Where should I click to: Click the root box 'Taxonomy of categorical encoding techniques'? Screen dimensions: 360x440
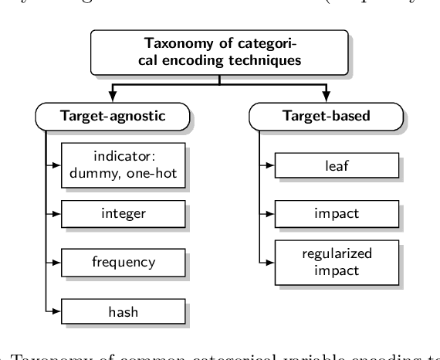tap(218, 53)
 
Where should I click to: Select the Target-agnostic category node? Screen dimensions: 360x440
tap(113, 117)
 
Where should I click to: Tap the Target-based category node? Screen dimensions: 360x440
tap(326, 117)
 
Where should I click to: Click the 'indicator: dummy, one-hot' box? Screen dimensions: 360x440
tap(124, 164)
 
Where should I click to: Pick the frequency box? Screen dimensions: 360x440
tap(124, 263)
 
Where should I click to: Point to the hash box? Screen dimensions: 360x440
tap(124, 312)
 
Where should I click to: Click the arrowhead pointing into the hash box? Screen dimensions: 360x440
tap(59, 312)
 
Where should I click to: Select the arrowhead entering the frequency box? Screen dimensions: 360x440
tap(59, 263)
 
